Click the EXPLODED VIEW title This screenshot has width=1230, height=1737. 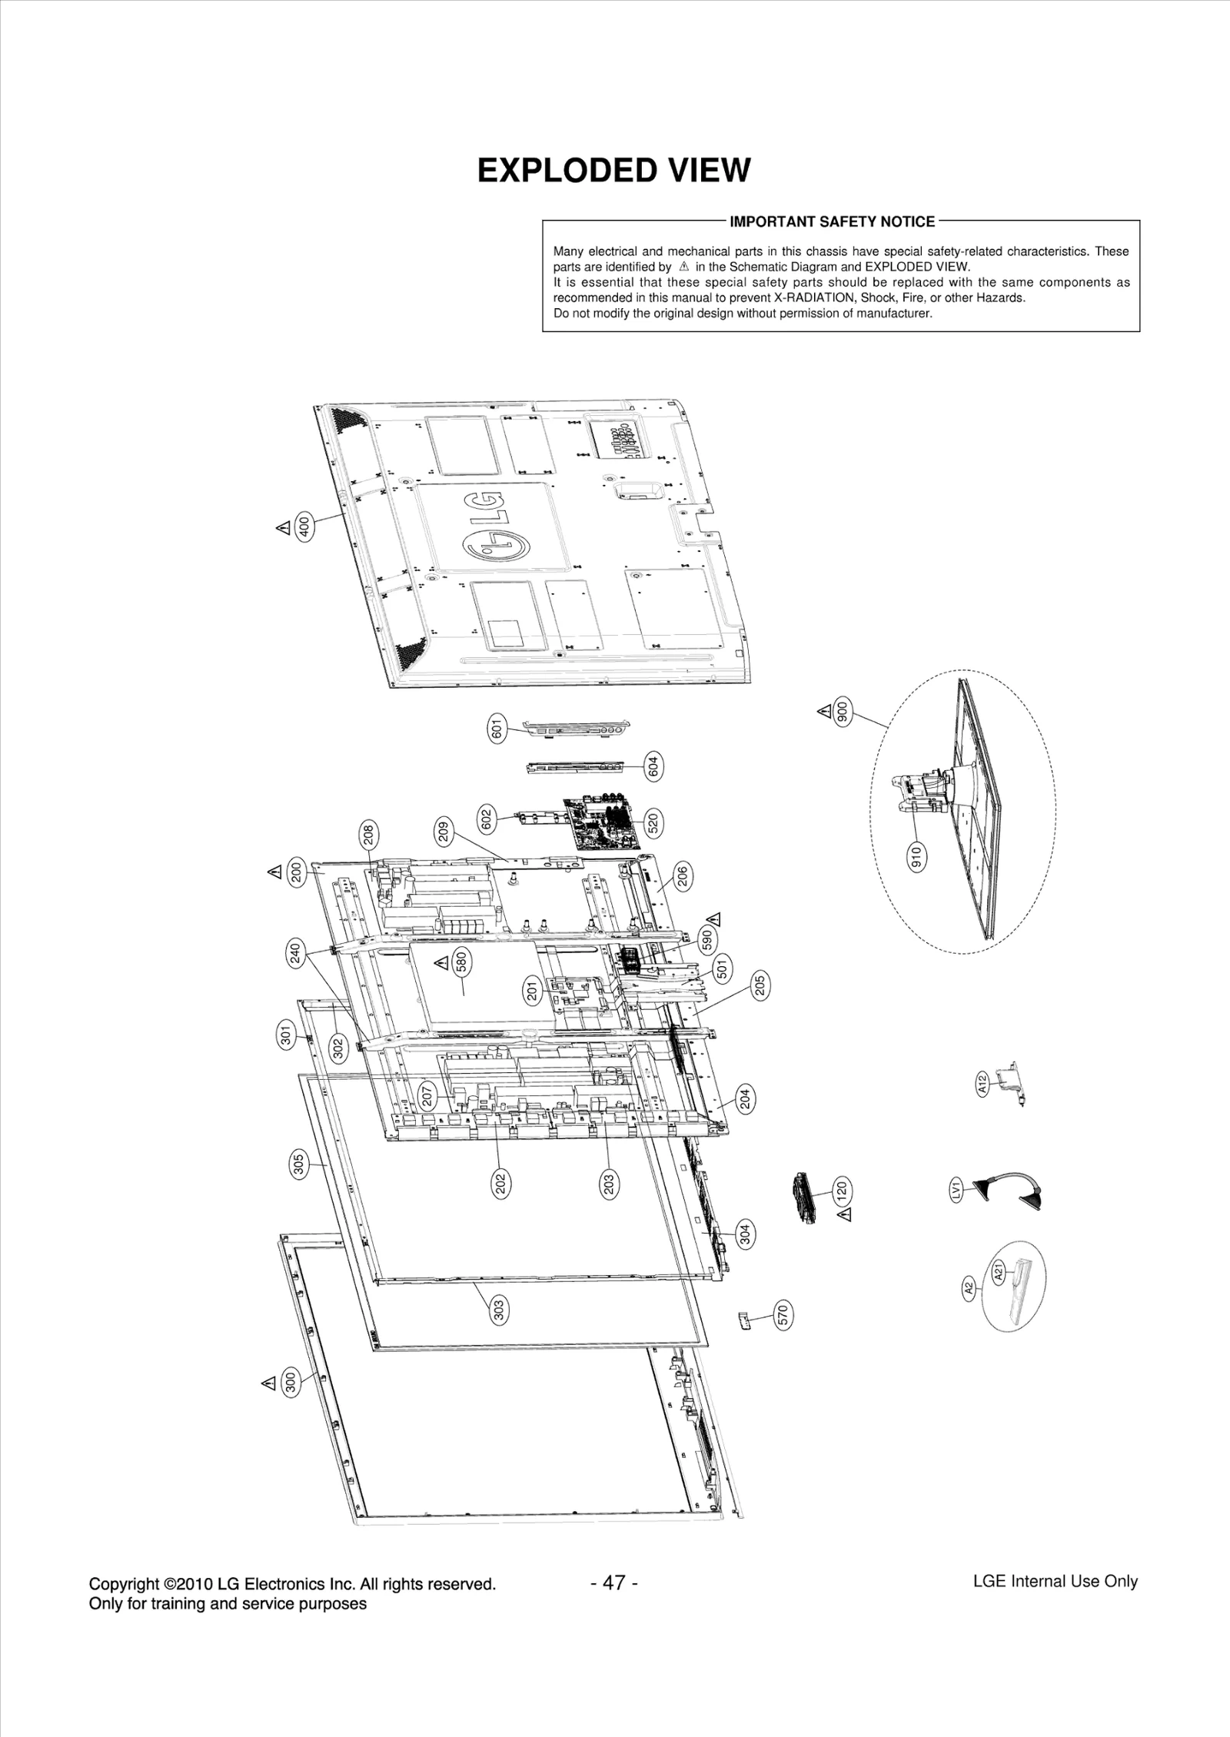[613, 171]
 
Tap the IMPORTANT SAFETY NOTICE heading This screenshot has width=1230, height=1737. [832, 222]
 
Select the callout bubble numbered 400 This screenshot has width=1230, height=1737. [304, 526]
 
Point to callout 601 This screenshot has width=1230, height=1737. [497, 727]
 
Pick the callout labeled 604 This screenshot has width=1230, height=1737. [653, 766]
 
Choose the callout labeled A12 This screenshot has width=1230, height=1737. [982, 1084]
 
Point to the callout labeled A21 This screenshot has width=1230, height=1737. [999, 1274]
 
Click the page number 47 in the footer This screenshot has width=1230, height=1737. [613, 1583]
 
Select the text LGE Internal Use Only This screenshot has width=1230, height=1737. [1055, 1581]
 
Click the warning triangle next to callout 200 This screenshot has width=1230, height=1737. [274, 872]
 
